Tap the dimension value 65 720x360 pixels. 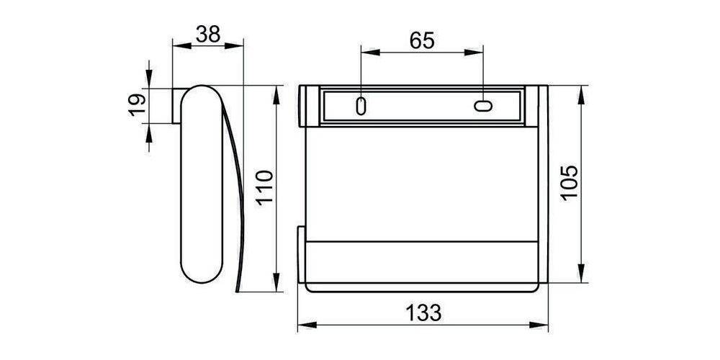(422, 40)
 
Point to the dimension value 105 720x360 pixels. (569, 184)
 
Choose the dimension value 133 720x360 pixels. (422, 313)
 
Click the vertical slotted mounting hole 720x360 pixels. (361, 105)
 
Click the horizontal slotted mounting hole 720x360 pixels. (482, 106)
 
